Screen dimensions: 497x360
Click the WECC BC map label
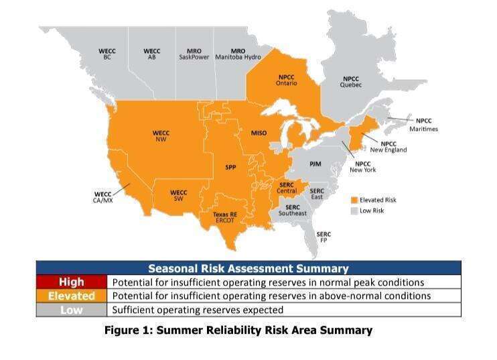point(107,54)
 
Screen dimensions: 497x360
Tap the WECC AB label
point(152,54)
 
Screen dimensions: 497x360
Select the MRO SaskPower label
point(194,54)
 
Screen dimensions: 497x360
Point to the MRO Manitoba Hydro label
point(238,54)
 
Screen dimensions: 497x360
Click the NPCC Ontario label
point(287,80)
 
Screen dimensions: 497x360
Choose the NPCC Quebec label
point(351,82)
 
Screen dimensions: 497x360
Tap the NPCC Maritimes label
point(423,125)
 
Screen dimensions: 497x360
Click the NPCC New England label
point(388,147)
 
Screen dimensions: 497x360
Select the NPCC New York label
point(363,167)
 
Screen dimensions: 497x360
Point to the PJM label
point(315,164)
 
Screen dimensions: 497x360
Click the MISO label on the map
point(259,133)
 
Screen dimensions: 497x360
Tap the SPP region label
point(230,167)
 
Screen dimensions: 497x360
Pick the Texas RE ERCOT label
point(225,217)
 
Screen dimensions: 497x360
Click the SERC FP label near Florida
point(324,237)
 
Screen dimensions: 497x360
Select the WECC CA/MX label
point(103,197)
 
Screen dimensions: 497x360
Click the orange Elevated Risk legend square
point(354,200)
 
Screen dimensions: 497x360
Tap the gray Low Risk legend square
point(354,211)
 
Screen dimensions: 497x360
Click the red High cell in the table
point(72,282)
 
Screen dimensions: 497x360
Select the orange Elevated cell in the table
point(72,296)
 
